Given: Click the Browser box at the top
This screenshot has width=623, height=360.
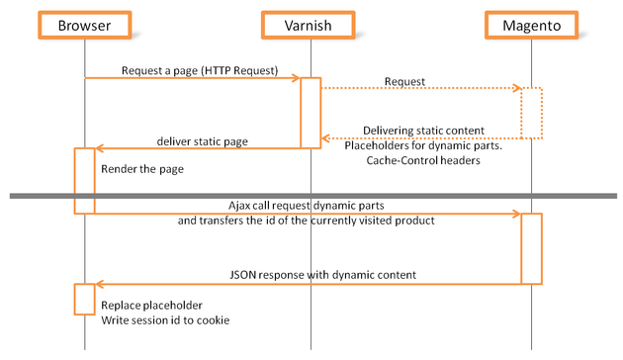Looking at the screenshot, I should click(x=84, y=26).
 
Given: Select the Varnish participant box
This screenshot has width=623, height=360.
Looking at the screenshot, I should click(x=311, y=26).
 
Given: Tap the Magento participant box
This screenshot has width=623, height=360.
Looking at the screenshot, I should click(x=531, y=26).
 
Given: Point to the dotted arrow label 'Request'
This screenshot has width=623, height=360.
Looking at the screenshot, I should click(x=404, y=81).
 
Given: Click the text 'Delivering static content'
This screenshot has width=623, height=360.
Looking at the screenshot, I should click(x=422, y=130).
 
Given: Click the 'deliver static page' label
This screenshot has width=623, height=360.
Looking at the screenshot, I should click(x=202, y=141).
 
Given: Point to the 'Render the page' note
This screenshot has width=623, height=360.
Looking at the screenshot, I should click(x=141, y=168).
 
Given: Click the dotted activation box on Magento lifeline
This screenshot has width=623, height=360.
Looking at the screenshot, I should click(x=531, y=113).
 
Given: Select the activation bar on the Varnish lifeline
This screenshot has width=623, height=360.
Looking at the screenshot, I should click(x=311, y=113).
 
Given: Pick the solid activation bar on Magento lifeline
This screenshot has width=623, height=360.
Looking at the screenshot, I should click(x=531, y=248).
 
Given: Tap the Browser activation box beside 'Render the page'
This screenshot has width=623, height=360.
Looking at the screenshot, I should click(x=84, y=180).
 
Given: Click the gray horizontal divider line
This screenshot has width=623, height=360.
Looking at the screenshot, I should click(x=311, y=196).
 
